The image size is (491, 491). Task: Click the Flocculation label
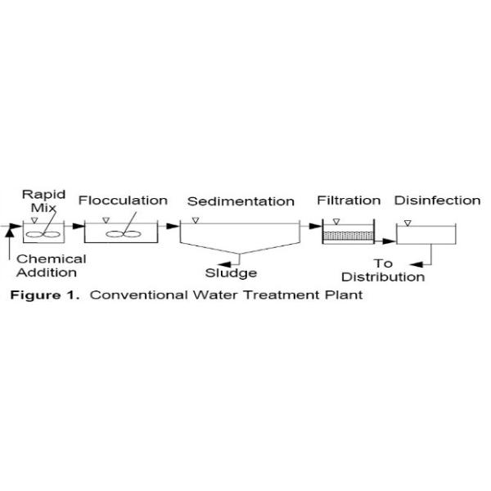coord(123,200)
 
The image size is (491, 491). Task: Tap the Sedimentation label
coord(241,201)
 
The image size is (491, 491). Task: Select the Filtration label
coord(349,200)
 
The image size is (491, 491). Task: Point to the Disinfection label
coord(438,200)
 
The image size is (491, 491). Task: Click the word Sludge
coord(231,273)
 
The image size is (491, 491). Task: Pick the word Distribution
coord(383,277)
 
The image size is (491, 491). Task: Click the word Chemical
coord(52,259)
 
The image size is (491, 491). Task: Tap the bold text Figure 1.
coord(45,295)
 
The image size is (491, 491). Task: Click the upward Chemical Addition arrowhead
coord(10,233)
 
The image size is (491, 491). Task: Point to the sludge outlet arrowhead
coord(224,264)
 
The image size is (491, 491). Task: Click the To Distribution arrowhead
coord(417,265)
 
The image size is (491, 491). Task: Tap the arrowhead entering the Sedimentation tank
coord(173,226)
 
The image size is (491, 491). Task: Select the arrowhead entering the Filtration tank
coord(315,226)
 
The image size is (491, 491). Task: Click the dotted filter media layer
coord(349,236)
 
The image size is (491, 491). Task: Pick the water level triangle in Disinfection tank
coord(408,223)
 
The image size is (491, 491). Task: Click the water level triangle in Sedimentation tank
coord(196,220)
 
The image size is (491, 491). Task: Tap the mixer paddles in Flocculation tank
coord(124,234)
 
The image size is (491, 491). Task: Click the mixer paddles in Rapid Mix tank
coord(43,234)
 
